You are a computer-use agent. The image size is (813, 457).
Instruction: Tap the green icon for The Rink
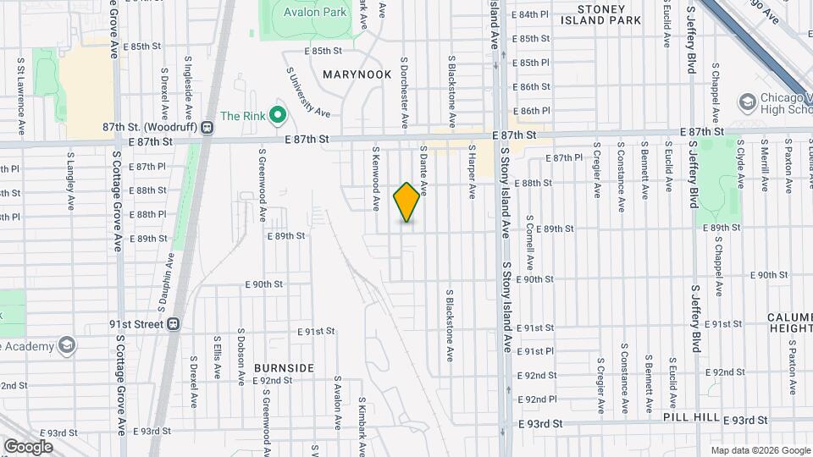coord(276,116)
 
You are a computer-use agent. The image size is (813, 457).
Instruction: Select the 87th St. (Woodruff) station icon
coord(207,127)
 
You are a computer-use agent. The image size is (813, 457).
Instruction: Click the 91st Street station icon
coord(174,323)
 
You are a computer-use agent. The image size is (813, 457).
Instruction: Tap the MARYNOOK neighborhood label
coord(357,74)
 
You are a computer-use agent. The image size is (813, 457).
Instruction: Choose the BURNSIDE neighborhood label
coord(284,368)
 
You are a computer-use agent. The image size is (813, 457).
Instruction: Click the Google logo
coord(28,446)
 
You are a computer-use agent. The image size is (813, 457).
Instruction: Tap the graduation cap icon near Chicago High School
coord(747,103)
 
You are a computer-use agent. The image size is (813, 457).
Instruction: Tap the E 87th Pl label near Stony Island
coord(564,158)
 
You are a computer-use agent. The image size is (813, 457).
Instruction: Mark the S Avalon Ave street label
coord(337,401)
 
